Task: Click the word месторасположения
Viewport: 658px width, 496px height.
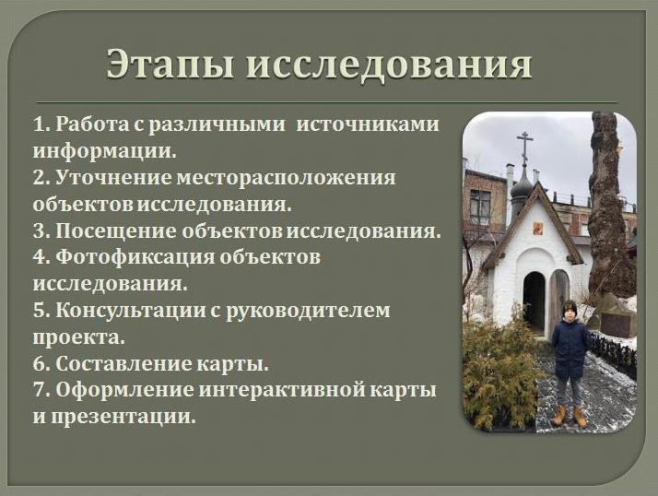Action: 277,177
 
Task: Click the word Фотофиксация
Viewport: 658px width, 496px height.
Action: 125,257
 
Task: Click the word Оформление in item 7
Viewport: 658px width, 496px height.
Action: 116,390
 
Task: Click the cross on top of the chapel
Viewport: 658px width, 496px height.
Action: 525,146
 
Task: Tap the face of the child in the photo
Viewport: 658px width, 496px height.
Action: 570,311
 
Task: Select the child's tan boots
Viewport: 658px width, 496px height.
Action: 569,416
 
